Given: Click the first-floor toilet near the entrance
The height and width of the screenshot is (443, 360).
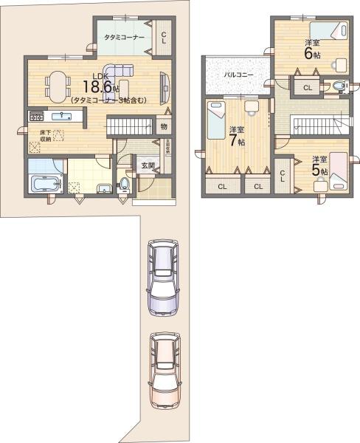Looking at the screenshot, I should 125,182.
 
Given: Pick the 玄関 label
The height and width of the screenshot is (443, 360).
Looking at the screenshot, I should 148,166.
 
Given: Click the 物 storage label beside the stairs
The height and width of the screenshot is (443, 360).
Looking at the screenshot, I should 164,126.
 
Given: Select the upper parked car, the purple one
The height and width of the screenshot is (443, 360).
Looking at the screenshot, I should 162,277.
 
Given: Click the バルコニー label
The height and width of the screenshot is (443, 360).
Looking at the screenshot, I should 235,75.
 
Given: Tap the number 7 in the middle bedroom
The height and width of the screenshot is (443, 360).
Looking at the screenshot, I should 232,140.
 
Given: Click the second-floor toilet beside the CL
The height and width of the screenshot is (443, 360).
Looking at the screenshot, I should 339,87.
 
